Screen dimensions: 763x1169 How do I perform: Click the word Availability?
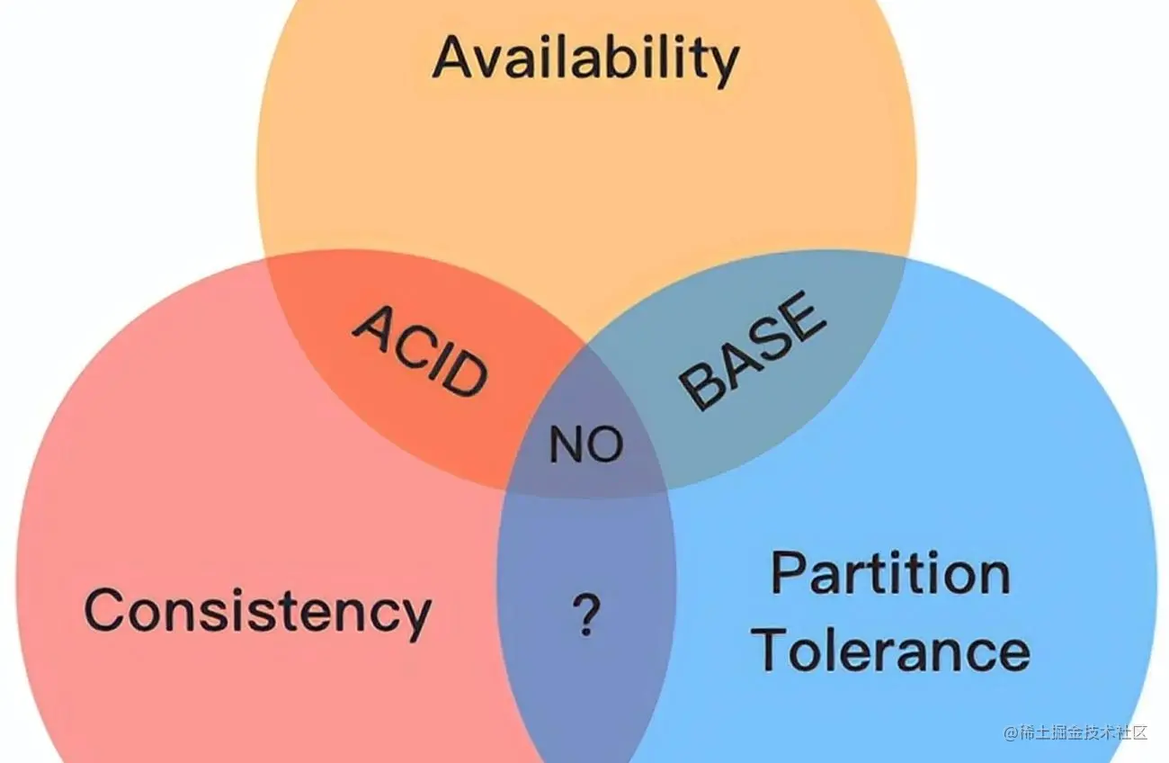point(585,58)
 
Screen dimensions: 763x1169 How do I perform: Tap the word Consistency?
point(257,611)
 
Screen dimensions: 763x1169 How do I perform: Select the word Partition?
point(890,573)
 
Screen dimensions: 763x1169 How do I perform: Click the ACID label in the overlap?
point(420,350)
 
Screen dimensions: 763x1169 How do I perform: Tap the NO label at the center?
point(585,444)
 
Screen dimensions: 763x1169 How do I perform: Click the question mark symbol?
point(585,616)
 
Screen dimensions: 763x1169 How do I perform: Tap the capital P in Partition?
point(790,573)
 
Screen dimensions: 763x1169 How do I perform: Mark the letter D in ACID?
point(466,376)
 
